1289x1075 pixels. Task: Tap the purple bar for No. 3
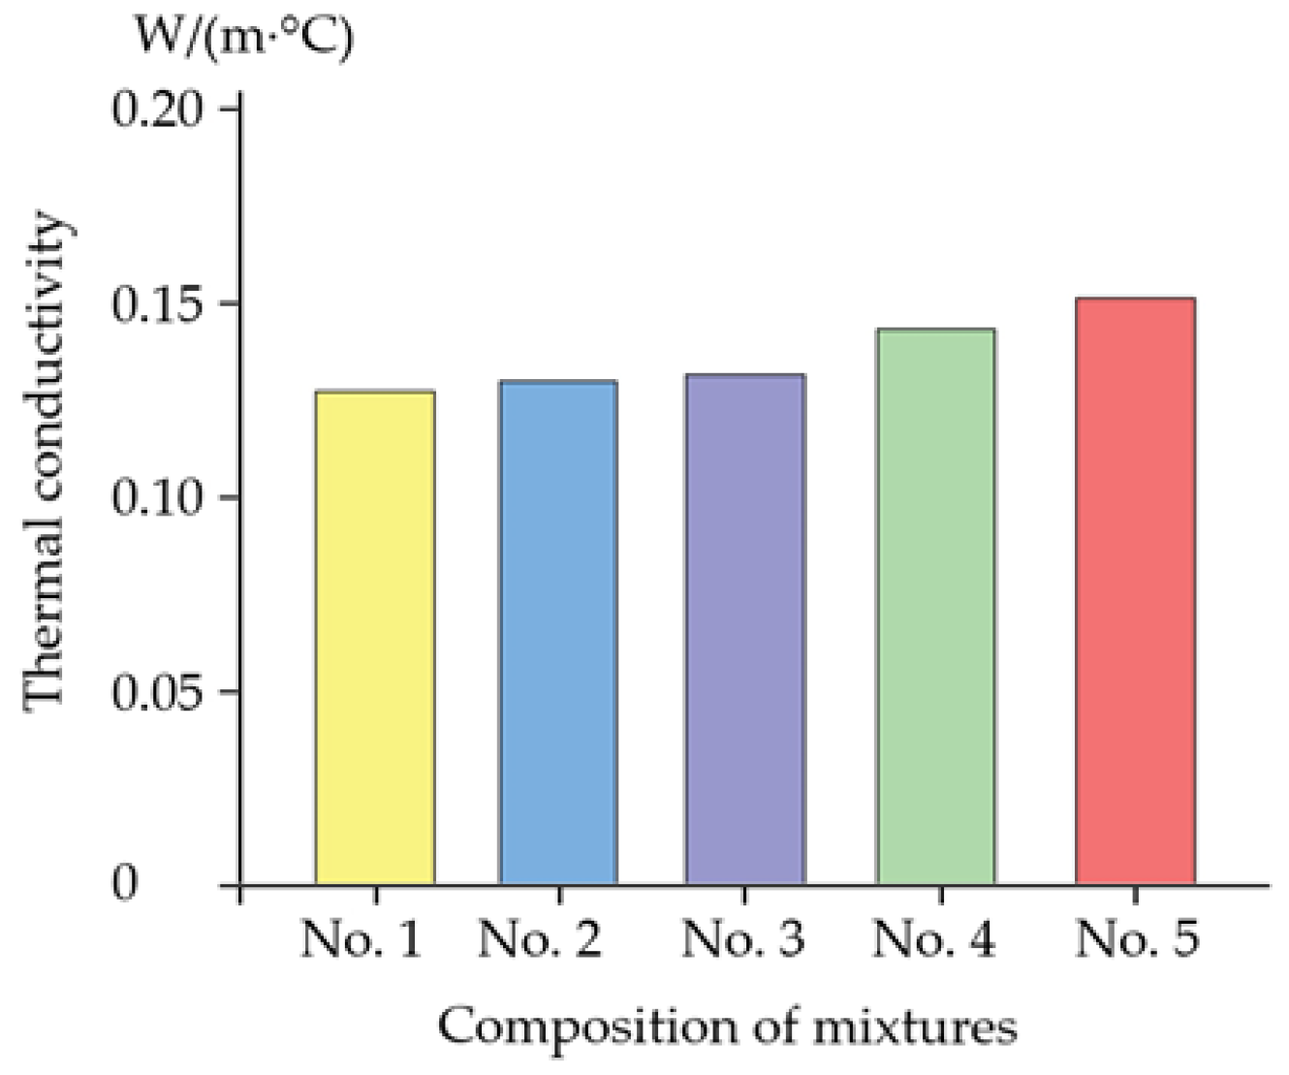[x=744, y=629]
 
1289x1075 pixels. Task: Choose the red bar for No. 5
[x=1135, y=591]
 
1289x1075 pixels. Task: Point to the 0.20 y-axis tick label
[x=159, y=109]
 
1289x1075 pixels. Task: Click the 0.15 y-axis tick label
[x=159, y=303]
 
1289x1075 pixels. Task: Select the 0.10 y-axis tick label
[x=159, y=498]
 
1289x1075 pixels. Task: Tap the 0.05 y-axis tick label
[x=159, y=692]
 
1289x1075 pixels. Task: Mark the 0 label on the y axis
[x=125, y=885]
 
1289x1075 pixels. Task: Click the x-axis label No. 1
[x=362, y=939]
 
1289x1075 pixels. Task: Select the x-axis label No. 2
[x=540, y=939]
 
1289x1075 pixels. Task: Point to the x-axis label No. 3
[x=743, y=939]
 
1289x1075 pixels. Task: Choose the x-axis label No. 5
[x=1139, y=939]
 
